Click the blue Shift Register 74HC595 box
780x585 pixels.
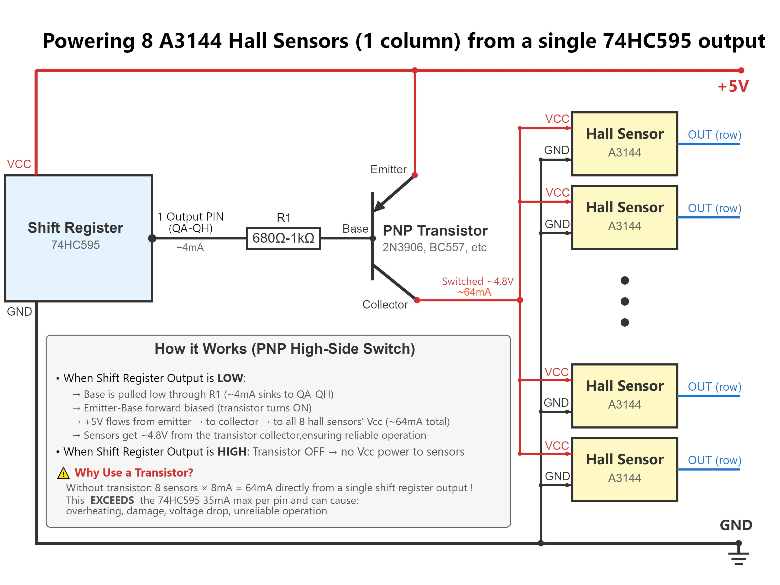pyautogui.click(x=79, y=238)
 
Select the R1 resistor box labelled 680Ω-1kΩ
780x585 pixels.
pyautogui.click(x=284, y=238)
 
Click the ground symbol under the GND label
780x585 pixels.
pyautogui.click(x=739, y=555)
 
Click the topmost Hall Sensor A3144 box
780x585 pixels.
pyautogui.click(x=625, y=144)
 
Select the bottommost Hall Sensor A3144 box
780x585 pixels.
pyautogui.click(x=625, y=469)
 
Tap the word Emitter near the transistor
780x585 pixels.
pyautogui.click(x=388, y=169)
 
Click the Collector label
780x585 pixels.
pyautogui.click(x=385, y=304)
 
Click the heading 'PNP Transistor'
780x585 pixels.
pyautogui.click(x=435, y=231)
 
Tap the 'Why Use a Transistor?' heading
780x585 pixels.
pyautogui.click(x=134, y=473)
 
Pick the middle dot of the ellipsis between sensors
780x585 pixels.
pyautogui.click(x=625, y=301)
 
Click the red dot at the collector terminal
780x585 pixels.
pyautogui.click(x=417, y=300)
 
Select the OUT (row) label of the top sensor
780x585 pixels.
pyautogui.click(x=714, y=134)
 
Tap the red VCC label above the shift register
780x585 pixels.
pyautogui.click(x=19, y=164)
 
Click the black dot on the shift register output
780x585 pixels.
pyautogui.click(x=152, y=238)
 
